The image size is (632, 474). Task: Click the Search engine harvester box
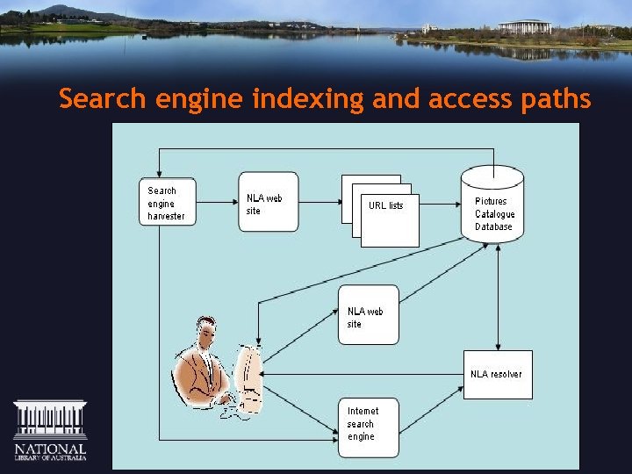tap(166, 203)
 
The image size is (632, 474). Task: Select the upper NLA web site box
tap(269, 201)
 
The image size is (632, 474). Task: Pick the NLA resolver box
tap(498, 375)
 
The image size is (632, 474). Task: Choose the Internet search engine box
tap(369, 427)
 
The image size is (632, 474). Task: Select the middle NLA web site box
tap(369, 314)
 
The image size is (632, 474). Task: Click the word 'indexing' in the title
tap(308, 99)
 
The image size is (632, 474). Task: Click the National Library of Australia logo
tap(50, 431)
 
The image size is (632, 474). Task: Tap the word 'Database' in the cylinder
tap(493, 226)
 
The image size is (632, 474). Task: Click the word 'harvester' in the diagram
tap(166, 216)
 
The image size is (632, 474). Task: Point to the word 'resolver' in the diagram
tap(506, 374)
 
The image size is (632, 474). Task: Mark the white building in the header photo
tap(524, 27)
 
